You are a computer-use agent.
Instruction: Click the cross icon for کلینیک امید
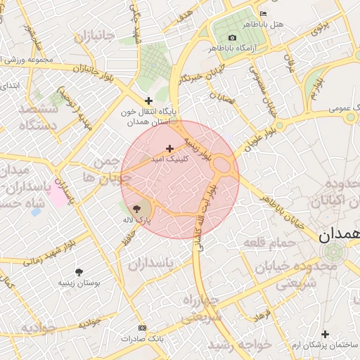click(169, 148)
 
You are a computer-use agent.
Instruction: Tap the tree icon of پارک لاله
click(136, 209)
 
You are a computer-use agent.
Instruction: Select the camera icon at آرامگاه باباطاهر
click(233, 37)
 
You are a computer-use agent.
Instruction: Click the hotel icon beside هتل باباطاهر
click(264, 13)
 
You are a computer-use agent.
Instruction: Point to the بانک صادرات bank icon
click(143, 328)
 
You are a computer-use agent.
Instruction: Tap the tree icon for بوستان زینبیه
click(78, 271)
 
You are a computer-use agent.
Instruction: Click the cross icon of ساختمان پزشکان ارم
click(324, 334)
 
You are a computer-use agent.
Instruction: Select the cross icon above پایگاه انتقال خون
click(148, 101)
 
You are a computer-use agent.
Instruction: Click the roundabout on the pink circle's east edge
click(224, 165)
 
